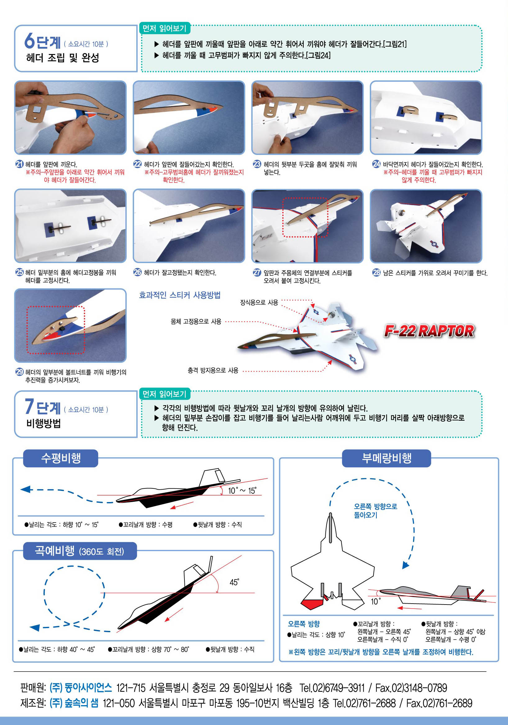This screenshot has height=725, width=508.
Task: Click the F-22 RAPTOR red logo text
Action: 429,331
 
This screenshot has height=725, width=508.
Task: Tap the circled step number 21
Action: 20,164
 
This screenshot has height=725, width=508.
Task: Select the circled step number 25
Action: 20,272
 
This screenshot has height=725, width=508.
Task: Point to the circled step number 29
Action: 20,372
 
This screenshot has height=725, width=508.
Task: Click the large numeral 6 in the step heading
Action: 29,41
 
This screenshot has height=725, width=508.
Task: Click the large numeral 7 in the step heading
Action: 29,406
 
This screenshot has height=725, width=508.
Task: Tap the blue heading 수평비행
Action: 61,458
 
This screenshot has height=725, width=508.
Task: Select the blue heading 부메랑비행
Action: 387,458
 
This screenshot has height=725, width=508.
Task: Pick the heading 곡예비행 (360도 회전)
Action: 79,551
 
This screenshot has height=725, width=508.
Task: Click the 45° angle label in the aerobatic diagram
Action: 234,582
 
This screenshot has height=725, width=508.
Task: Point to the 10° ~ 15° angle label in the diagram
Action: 242,490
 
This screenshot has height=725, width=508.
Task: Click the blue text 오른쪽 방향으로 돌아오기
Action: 375,510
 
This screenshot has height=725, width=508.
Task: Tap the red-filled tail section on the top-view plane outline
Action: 312,603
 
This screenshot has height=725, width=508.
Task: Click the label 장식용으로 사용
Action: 259,302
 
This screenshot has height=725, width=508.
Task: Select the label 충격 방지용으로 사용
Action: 213,370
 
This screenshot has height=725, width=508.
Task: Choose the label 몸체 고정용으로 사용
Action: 196,321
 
